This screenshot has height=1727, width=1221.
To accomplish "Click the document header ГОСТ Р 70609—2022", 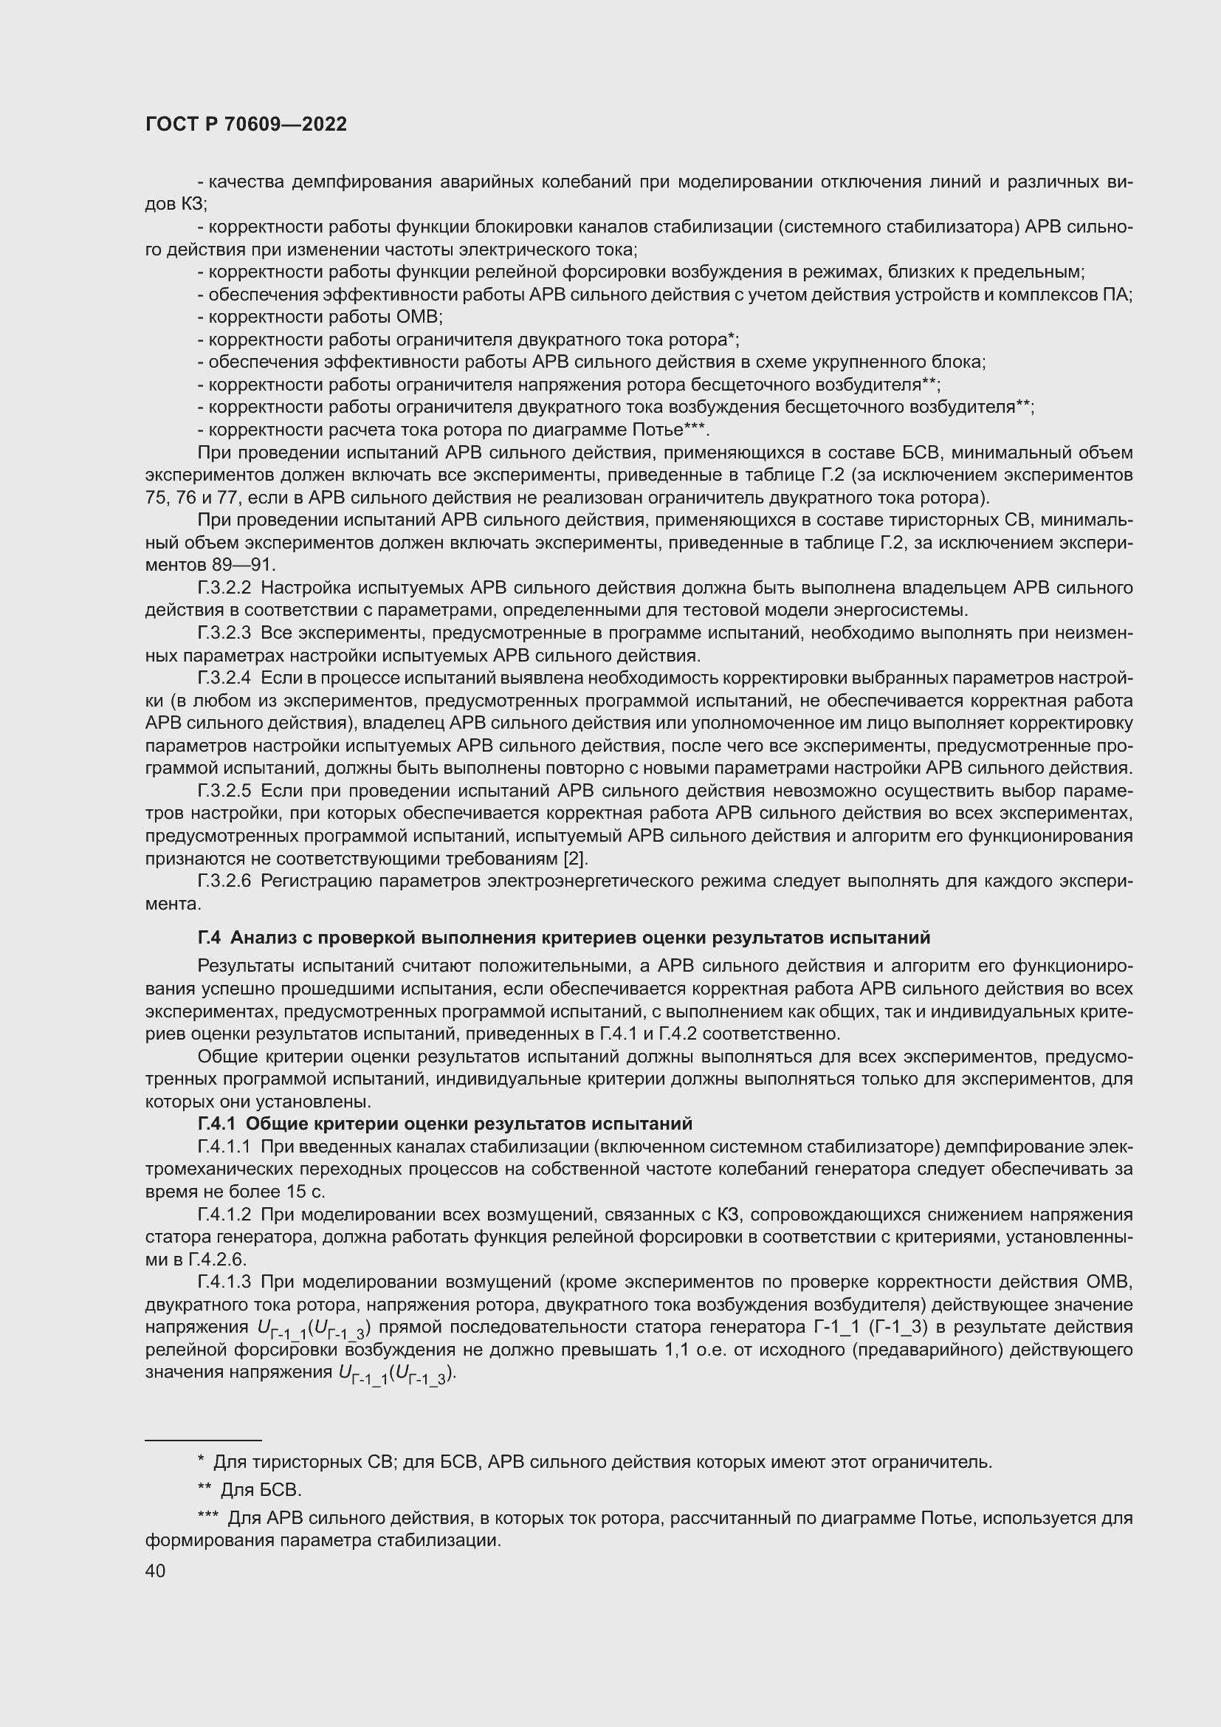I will (246, 125).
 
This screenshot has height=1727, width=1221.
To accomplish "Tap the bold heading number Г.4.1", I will (216, 1124).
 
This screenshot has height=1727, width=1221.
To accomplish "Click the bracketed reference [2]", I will (575, 858).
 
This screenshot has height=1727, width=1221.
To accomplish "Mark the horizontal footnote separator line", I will (203, 1441).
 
